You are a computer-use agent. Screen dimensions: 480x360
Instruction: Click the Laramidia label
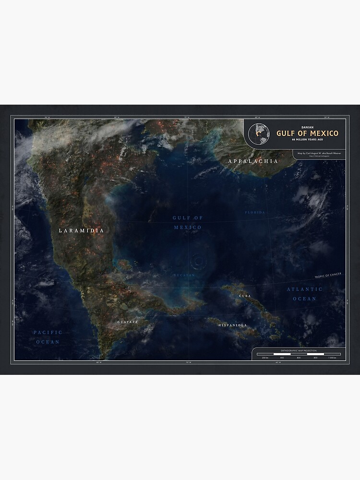81,230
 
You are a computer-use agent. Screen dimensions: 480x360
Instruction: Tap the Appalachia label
253,161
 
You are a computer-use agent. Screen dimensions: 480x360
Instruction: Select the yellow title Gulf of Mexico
307,133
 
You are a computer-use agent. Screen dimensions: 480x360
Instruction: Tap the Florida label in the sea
255,212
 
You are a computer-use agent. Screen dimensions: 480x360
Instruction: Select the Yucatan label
185,276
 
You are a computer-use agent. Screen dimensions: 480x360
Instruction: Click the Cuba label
244,296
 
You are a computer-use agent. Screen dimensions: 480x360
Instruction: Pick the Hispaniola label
232,325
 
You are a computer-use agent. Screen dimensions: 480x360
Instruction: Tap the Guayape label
128,322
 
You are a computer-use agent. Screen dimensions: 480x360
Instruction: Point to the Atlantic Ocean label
304,294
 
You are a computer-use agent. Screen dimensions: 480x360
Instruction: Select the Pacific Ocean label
48,337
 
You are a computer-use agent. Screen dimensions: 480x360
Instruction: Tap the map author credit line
317,153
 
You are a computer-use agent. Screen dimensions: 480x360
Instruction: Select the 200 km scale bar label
264,358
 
